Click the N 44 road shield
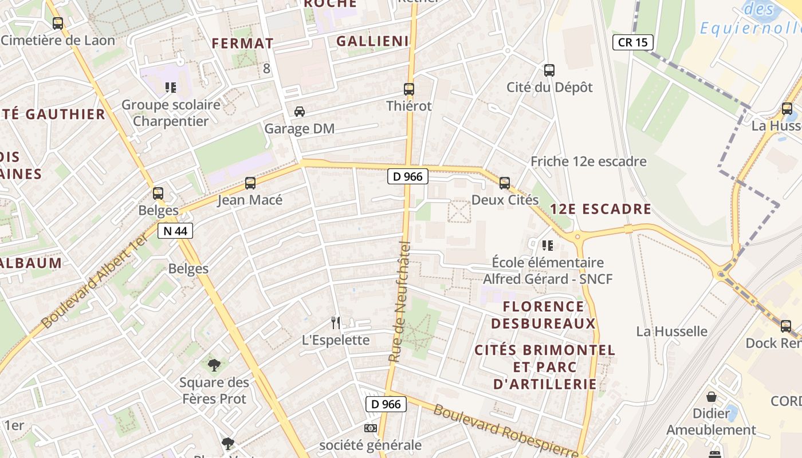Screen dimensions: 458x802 175,231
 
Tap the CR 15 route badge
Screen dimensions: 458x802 633,42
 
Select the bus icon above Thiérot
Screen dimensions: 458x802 408,89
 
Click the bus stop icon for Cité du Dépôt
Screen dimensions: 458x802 549,70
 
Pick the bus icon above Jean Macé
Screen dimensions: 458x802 250,183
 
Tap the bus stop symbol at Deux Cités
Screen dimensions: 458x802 504,183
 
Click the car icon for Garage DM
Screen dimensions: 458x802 299,111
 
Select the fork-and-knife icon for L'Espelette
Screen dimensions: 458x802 336,323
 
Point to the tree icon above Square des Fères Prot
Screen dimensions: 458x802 214,365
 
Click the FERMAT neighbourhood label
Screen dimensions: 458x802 243,44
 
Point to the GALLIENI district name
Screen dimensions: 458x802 372,41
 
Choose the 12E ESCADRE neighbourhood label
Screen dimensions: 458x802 600,209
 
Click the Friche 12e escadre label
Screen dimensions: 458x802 588,161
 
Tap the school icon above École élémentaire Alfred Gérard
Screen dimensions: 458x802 548,246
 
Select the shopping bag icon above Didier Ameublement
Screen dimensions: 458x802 711,396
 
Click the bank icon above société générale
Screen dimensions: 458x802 370,428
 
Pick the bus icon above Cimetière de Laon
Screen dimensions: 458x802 58,23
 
